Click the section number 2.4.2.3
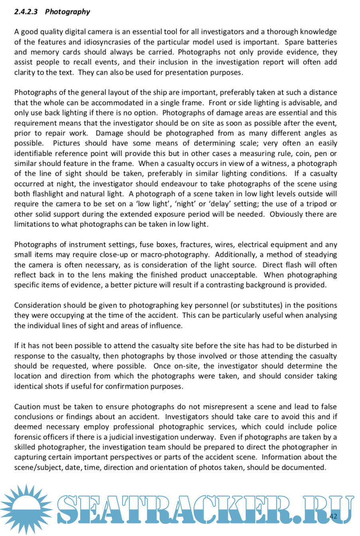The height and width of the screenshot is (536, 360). click(26, 12)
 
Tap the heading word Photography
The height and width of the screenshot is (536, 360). click(67, 12)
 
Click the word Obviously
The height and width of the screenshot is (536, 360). click(286, 214)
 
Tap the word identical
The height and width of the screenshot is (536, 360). click(29, 386)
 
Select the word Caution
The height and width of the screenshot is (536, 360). click(28, 407)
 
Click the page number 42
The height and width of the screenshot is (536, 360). click(333, 516)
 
